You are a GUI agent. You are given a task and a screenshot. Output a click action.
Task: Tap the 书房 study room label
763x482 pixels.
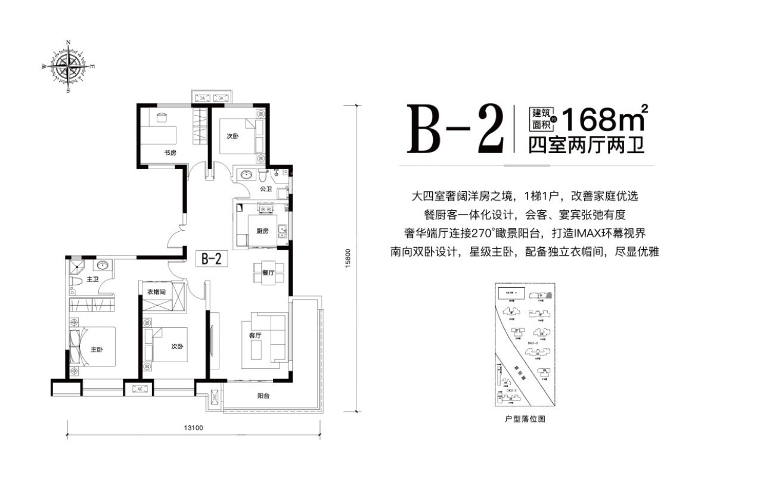point(170,153)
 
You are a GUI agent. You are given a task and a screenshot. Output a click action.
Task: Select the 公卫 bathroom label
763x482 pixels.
point(266,189)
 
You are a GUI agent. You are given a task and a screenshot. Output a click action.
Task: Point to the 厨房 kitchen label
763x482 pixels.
point(263,231)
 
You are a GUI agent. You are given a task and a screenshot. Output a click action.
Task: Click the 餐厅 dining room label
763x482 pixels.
point(267,273)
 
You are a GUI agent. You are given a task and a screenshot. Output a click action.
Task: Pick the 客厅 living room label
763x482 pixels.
point(255,335)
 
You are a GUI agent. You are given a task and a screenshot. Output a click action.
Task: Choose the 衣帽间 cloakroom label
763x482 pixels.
point(160,292)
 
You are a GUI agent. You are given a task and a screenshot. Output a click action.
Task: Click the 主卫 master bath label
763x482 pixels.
point(92,279)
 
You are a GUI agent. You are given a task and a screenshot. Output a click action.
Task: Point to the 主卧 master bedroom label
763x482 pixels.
point(97,349)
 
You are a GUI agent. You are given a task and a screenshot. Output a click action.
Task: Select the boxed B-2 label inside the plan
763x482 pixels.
point(212,259)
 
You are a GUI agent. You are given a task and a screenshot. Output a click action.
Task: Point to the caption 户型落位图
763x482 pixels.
point(525,419)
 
